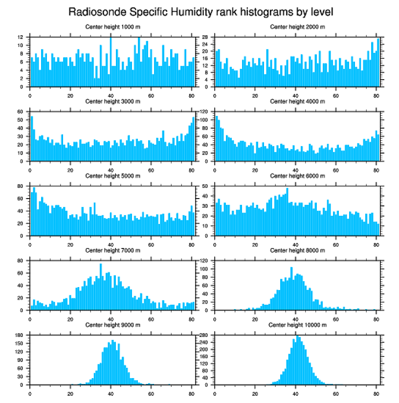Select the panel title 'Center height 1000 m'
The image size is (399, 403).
click(x=112, y=27)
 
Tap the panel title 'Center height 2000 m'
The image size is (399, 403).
click(x=297, y=27)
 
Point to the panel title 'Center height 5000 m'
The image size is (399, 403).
click(x=112, y=176)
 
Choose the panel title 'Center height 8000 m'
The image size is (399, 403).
click(x=297, y=250)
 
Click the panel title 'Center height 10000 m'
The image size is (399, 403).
click(x=297, y=325)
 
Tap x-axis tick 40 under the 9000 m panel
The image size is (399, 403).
click(x=111, y=392)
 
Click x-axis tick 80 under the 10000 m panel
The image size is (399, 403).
click(x=377, y=392)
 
